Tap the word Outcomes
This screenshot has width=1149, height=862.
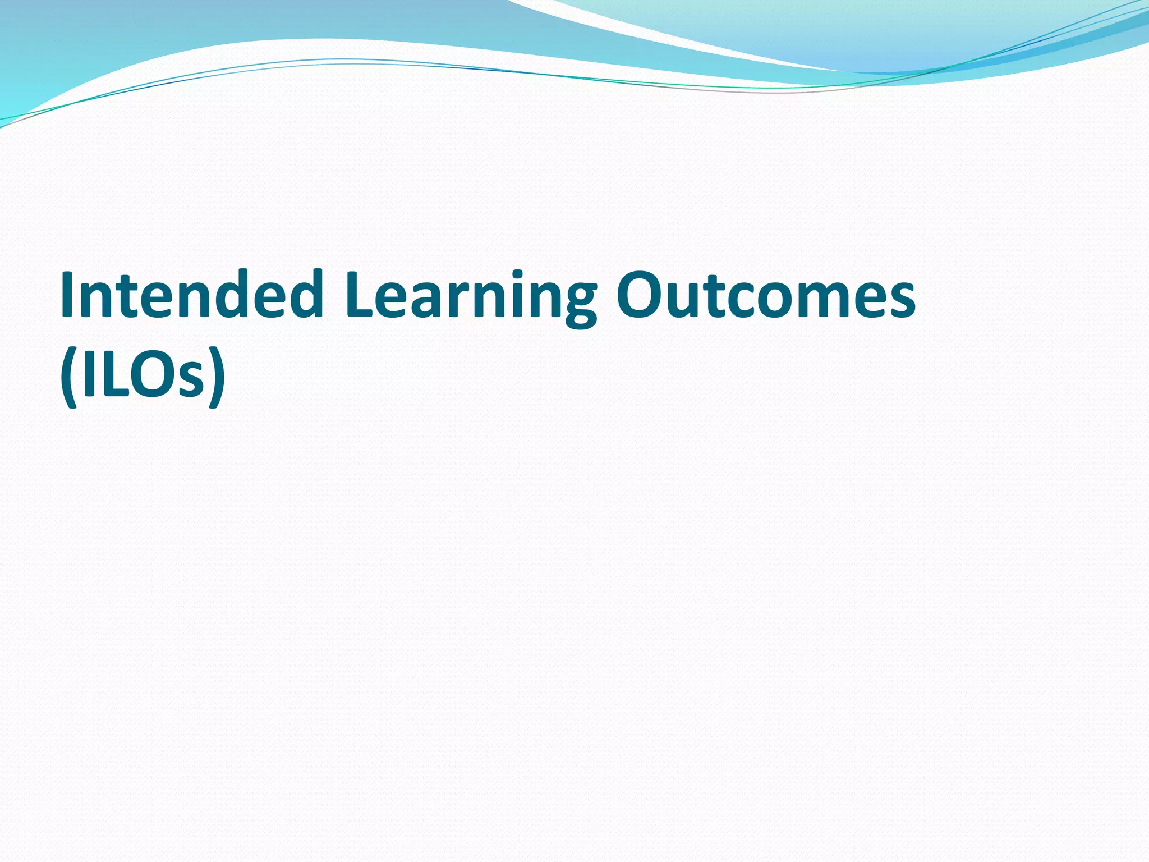click(x=766, y=294)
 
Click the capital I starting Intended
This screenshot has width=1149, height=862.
click(x=68, y=294)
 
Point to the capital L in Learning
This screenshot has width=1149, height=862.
click(x=362, y=294)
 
